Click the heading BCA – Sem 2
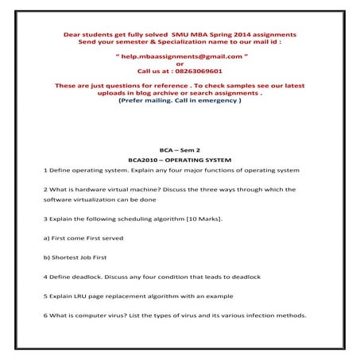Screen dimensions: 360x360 point(180,149)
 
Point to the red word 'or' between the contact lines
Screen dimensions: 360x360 point(180,64)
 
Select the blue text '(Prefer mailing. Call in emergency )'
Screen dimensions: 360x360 point(180,101)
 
